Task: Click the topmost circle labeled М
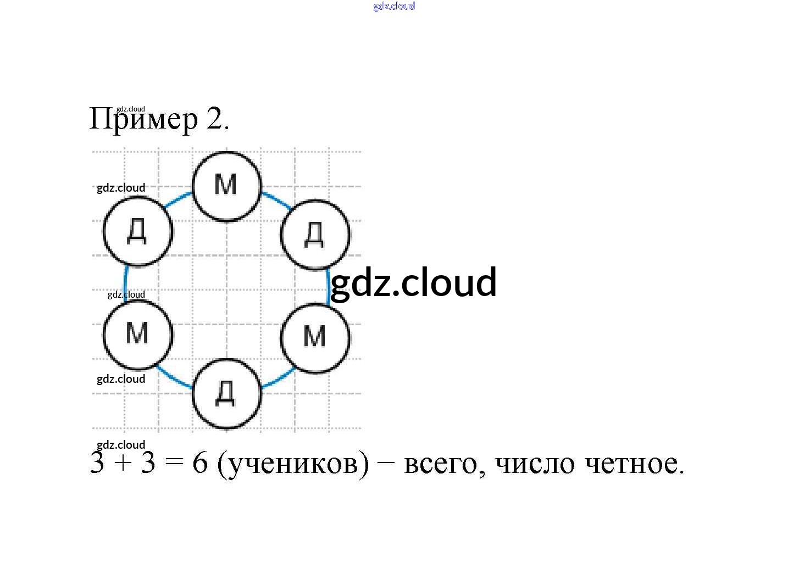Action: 226,186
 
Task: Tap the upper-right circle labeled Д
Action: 315,234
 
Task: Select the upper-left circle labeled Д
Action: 137,231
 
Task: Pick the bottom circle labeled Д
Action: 226,393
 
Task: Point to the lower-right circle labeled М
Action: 315,337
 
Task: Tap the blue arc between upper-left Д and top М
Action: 177,200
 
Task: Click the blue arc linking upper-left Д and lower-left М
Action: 126,281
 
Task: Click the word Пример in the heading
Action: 143,119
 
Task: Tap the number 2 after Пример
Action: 214,118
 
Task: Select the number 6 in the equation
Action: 200,463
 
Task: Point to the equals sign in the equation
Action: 173,463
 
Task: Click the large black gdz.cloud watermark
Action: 413,282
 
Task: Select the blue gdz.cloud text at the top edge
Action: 394,6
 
